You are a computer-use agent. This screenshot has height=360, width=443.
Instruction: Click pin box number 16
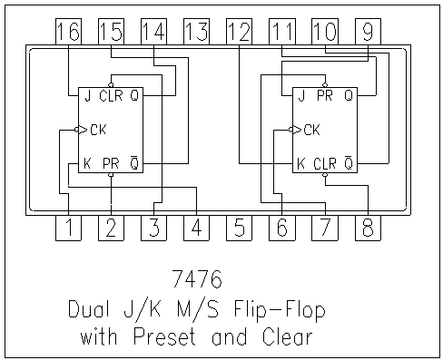pos(68,32)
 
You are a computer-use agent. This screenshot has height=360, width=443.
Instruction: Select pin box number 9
pos(368,32)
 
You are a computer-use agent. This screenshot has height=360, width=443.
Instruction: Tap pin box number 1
pos(68,229)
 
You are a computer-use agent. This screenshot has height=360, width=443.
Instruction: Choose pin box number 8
pos(368,229)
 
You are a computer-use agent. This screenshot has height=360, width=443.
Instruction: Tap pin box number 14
pos(153,32)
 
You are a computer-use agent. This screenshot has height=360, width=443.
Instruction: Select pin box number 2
pos(111,229)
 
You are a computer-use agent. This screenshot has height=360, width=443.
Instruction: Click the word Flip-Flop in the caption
pos(282,310)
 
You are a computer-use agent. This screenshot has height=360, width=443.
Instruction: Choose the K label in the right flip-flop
pos(300,164)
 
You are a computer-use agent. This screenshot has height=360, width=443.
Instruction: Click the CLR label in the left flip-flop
pos(111,95)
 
